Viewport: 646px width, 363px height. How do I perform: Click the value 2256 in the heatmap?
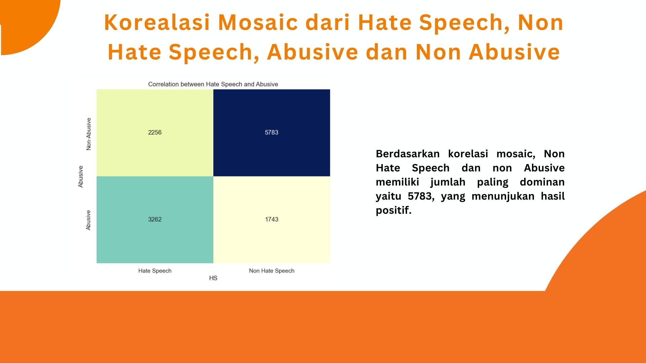point(155,132)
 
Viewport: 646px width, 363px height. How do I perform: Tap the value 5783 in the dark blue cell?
point(272,132)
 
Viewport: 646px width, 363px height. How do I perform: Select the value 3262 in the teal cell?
point(155,219)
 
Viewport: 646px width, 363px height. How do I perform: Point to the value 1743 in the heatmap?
point(272,219)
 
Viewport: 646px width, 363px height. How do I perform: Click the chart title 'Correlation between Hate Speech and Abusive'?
point(213,84)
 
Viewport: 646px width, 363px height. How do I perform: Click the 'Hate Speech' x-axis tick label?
point(155,271)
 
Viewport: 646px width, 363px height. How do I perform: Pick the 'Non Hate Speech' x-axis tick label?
point(272,271)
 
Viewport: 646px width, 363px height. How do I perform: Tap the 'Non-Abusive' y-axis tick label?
point(88,134)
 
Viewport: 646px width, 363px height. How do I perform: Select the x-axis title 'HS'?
point(213,278)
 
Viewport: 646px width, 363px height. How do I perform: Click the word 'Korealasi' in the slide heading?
point(157,23)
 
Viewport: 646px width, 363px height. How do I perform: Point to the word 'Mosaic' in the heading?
point(258,23)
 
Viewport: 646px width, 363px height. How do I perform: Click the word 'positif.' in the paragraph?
point(394,210)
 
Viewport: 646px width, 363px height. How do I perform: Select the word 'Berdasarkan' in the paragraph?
point(408,154)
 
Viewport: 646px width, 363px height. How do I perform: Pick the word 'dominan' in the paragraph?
point(542,182)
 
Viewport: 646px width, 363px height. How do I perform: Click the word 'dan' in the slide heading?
point(387,52)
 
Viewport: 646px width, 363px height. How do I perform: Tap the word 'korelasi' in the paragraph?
point(468,154)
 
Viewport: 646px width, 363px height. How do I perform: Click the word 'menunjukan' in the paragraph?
point(503,196)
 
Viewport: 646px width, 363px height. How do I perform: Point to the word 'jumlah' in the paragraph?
point(448,182)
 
